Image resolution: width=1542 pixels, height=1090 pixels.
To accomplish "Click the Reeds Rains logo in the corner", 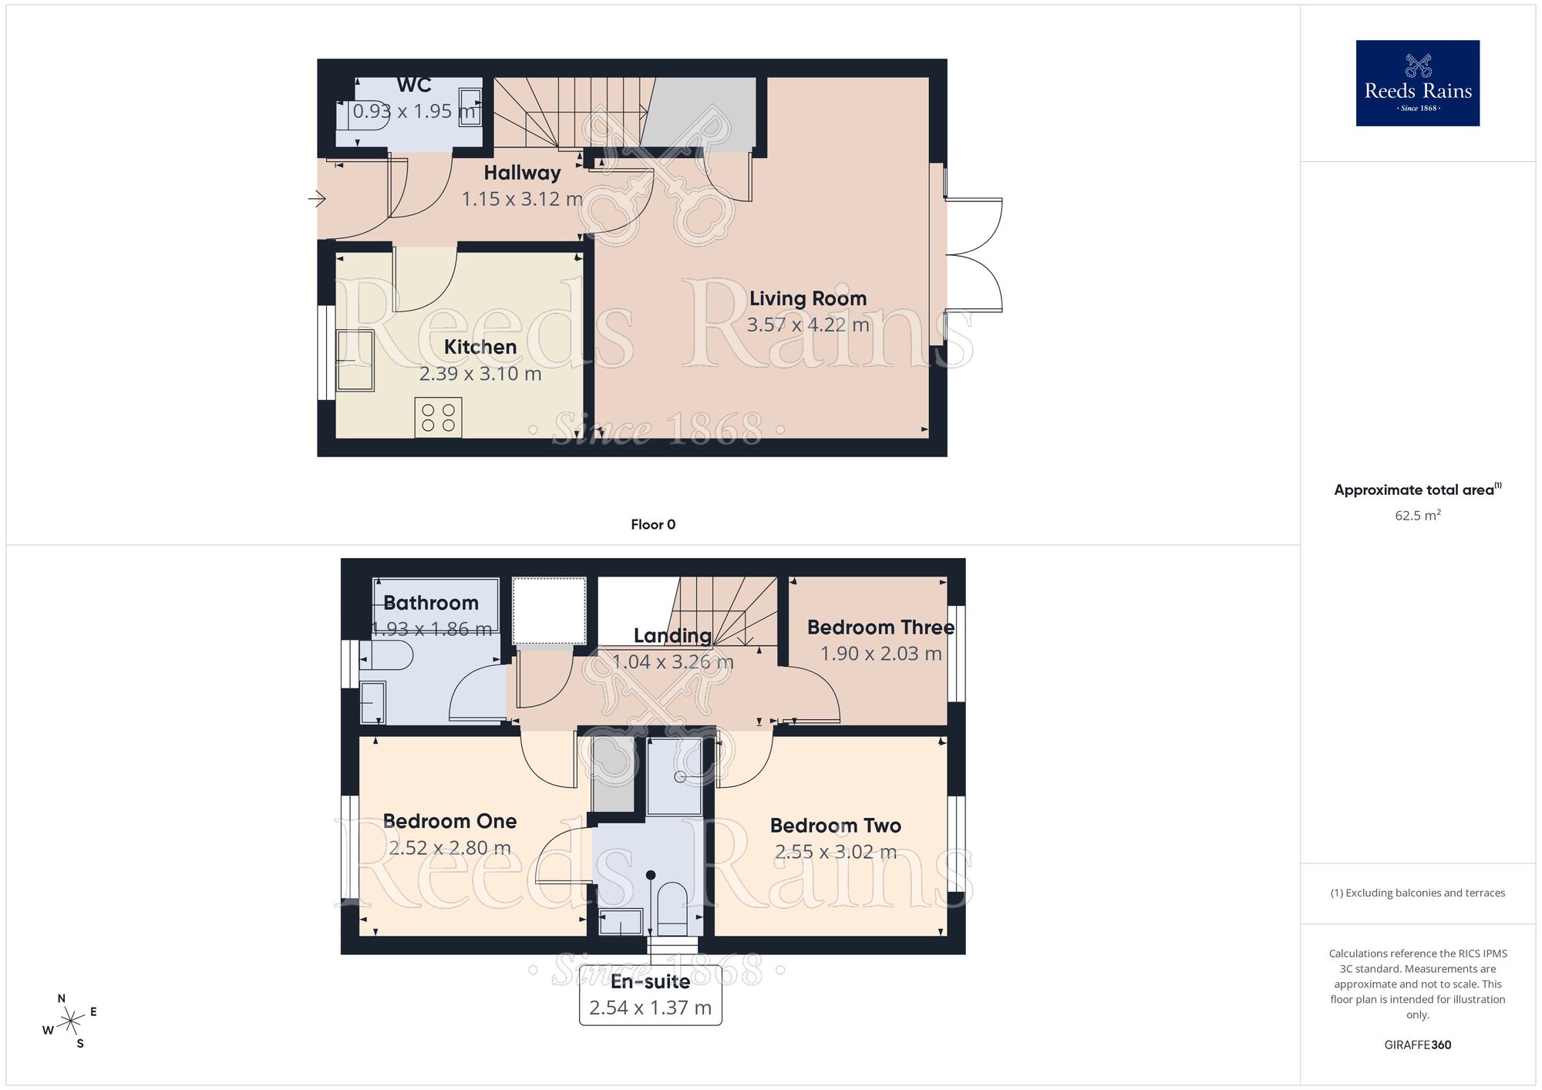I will click(1417, 83).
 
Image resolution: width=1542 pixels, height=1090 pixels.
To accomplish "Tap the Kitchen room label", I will click(480, 347).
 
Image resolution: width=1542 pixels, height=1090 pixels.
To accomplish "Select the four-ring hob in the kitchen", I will click(438, 418).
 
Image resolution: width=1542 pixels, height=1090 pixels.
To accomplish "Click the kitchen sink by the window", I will click(355, 360).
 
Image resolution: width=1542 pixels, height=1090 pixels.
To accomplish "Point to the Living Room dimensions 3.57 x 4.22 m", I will click(807, 325).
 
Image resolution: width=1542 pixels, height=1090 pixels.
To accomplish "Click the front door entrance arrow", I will click(317, 200).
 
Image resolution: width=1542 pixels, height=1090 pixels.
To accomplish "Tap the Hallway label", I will click(522, 173).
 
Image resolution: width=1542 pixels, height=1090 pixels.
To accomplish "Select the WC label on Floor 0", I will click(414, 85).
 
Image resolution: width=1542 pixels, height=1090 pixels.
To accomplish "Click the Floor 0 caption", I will click(653, 525).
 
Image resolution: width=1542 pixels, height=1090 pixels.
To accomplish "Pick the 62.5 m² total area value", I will click(1417, 516).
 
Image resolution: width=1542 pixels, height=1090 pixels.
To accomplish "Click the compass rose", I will click(71, 1022).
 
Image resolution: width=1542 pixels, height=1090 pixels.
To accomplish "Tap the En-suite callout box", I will click(650, 995).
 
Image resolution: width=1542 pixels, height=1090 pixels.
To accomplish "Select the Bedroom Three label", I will click(880, 627).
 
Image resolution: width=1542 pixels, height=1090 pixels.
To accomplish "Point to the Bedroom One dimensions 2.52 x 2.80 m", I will click(449, 848).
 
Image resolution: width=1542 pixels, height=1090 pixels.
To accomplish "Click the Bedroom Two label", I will click(835, 826).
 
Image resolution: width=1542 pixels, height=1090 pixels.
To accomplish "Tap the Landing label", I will click(672, 636).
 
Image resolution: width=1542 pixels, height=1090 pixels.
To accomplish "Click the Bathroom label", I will click(431, 603).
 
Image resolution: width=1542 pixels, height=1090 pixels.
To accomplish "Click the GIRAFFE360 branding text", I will click(1417, 1045).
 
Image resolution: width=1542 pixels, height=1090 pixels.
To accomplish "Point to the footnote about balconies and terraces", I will click(1417, 893).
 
